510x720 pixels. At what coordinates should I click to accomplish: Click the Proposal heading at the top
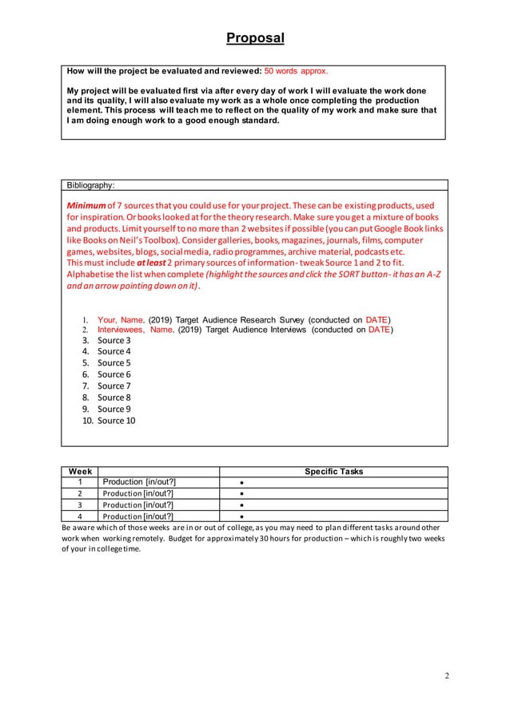[x=255, y=38]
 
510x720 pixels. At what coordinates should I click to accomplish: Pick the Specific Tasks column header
[x=333, y=472]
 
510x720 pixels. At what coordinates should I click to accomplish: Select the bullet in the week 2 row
[x=241, y=494]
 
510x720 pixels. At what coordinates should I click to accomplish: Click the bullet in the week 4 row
[x=241, y=516]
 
